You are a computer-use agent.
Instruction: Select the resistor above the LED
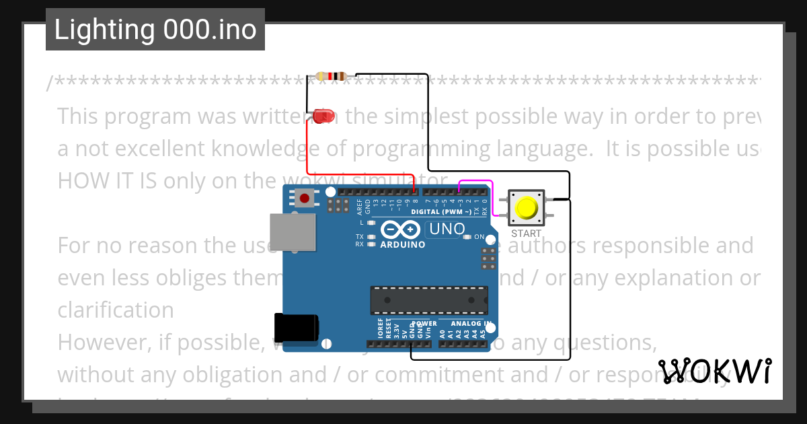(330, 76)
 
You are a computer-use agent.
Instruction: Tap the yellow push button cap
(527, 209)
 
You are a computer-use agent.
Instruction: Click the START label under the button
(526, 234)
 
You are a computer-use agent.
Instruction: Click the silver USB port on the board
(291, 232)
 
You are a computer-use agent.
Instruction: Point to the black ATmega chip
(429, 300)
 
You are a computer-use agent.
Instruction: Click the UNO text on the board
(447, 229)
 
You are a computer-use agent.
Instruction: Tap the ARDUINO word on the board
(403, 244)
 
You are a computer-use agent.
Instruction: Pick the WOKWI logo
(715, 371)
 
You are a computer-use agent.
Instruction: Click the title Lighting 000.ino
(155, 30)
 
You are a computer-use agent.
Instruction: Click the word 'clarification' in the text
(116, 310)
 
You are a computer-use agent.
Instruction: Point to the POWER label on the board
(424, 324)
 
